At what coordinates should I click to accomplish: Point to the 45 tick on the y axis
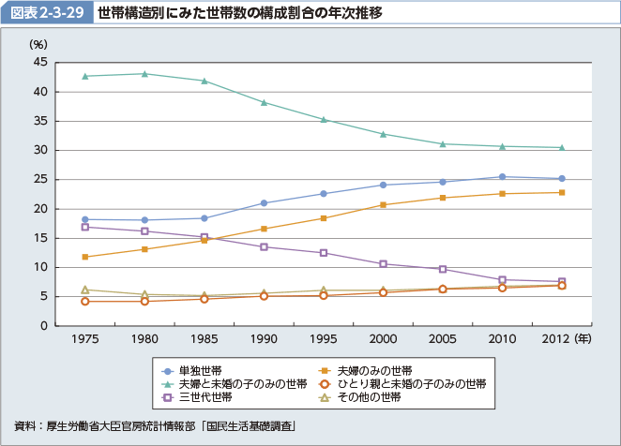point(40,62)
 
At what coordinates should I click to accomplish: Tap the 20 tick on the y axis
point(40,209)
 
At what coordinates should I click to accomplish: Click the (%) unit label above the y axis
point(38,44)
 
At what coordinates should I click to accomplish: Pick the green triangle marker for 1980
point(144,74)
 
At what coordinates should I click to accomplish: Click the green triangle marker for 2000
point(383,134)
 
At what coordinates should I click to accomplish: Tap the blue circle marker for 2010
point(502,177)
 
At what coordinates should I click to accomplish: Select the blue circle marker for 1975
point(85,219)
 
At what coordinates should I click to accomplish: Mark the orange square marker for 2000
point(383,204)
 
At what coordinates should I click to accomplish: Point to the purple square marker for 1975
point(85,227)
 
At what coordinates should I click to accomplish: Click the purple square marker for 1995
point(324,253)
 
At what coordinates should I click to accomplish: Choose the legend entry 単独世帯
point(203,369)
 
